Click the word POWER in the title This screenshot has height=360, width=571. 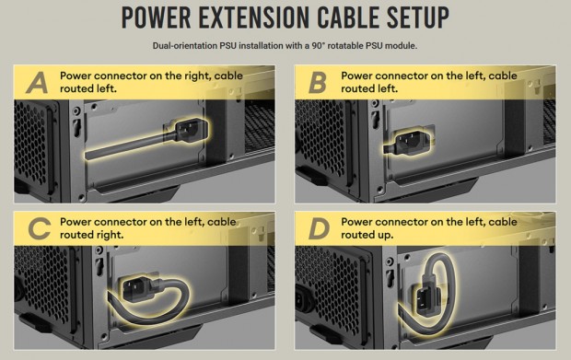tap(157, 17)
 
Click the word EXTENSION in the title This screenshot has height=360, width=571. tap(253, 17)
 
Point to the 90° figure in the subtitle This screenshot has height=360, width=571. tap(319, 46)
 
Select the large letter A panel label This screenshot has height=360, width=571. tap(37, 83)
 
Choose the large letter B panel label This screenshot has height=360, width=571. tap(317, 83)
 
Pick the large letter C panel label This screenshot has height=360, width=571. tap(39, 228)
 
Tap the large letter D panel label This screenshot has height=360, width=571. tap(319, 228)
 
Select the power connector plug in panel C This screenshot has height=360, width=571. tap(139, 286)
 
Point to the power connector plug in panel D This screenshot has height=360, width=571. tap(427, 299)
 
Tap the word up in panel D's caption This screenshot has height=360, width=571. tap(385, 236)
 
